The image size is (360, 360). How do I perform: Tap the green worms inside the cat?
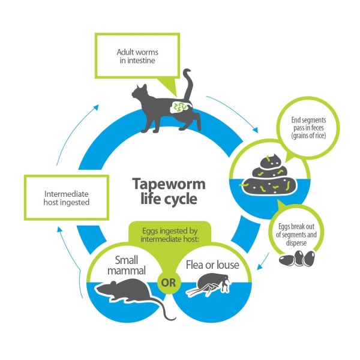[179, 109]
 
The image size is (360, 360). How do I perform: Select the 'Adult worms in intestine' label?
[135, 56]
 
